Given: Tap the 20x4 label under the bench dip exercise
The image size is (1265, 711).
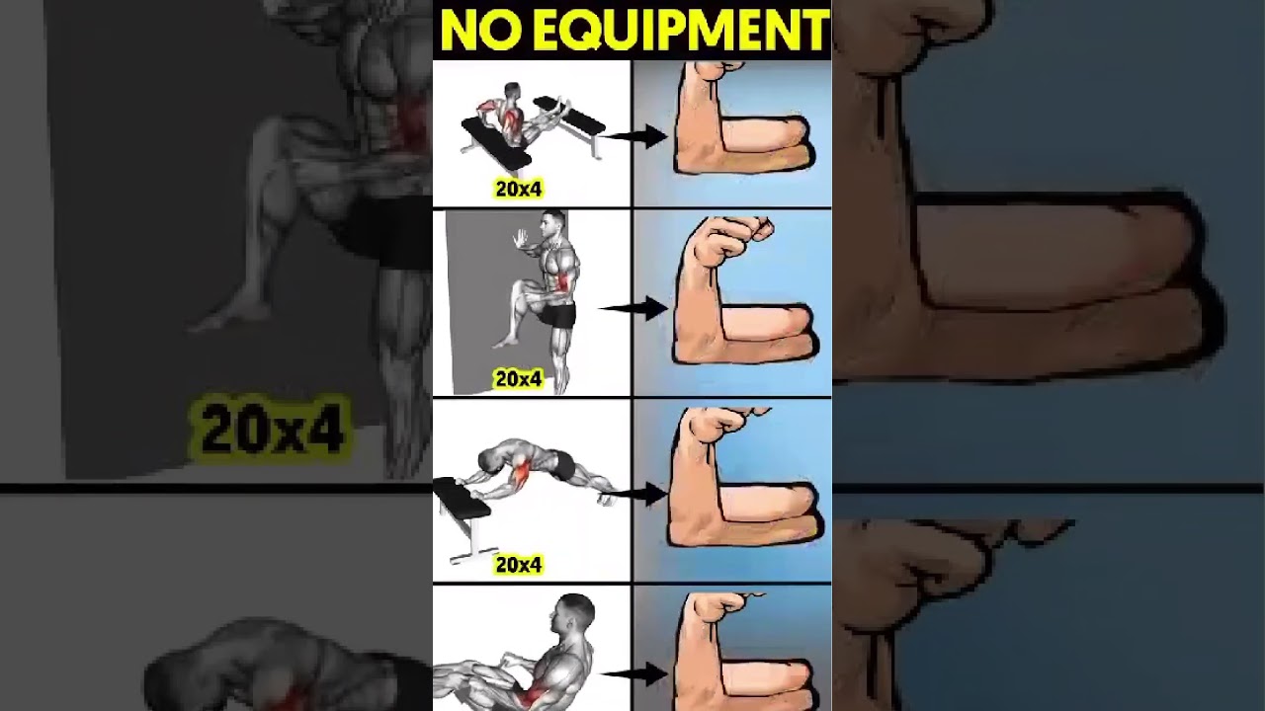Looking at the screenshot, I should [x=519, y=189].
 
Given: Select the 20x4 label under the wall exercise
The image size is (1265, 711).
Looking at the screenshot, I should [x=519, y=378].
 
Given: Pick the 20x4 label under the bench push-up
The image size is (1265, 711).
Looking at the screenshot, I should [x=519, y=565].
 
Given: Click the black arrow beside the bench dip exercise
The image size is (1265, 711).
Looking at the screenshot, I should [x=637, y=136].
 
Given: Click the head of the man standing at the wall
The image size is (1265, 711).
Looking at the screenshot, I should [x=554, y=226].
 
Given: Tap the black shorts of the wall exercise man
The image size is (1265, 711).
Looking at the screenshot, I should [x=561, y=316].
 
